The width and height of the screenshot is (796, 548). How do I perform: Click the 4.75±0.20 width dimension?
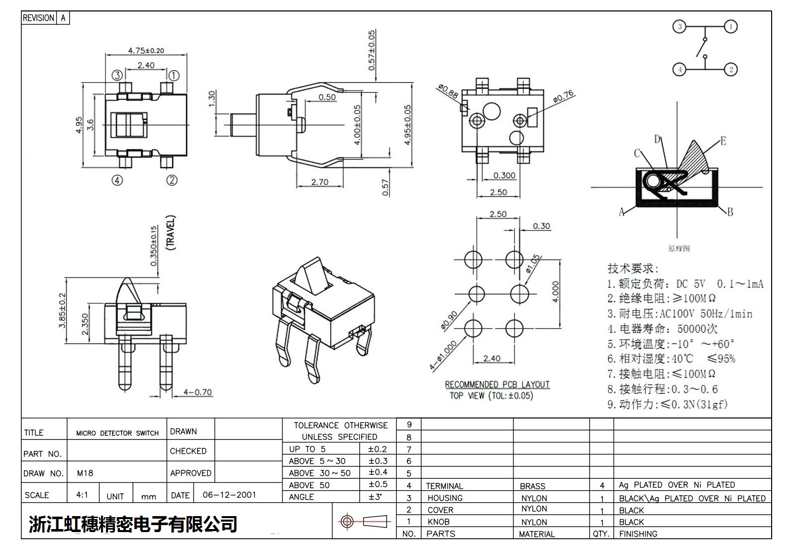pyautogui.click(x=146, y=50)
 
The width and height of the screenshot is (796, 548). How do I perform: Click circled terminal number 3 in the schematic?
pyautogui.click(x=680, y=26)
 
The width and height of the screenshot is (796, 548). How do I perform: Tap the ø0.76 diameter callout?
pyautogui.click(x=563, y=97)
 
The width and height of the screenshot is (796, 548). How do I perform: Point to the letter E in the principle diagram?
pyautogui.click(x=723, y=141)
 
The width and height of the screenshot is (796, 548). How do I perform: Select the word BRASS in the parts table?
pyautogui.click(x=532, y=486)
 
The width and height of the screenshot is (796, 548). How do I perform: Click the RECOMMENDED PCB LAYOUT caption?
pyautogui.click(x=497, y=385)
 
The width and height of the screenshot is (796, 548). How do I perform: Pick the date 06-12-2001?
pyautogui.click(x=229, y=495)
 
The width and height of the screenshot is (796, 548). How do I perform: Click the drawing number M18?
pyautogui.click(x=85, y=473)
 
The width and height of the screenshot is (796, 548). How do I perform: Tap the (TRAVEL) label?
pyautogui.click(x=171, y=232)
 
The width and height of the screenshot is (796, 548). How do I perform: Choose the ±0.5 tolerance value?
pyautogui.click(x=378, y=484)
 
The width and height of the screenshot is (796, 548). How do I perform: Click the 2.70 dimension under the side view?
pyautogui.click(x=319, y=182)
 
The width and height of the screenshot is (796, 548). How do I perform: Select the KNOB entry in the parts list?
pyautogui.click(x=438, y=522)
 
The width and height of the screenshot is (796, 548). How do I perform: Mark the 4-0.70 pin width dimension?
pyautogui.click(x=198, y=392)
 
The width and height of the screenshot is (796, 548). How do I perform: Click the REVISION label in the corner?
pyautogui.click(x=38, y=18)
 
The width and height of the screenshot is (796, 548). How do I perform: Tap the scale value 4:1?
pyautogui.click(x=82, y=495)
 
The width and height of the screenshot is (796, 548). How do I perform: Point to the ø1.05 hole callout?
pyautogui.click(x=533, y=264)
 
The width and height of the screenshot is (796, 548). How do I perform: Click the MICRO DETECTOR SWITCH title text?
pyautogui.click(x=117, y=433)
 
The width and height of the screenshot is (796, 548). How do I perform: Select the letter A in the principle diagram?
pyautogui.click(x=621, y=212)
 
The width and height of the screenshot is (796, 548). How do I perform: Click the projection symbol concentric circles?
pyautogui.click(x=347, y=522)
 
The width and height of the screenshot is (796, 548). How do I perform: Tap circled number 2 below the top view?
pyautogui.click(x=172, y=180)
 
